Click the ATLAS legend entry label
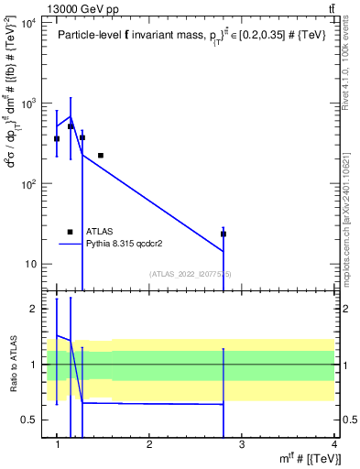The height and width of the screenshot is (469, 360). point(100,233)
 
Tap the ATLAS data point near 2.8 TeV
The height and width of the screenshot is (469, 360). point(224,234)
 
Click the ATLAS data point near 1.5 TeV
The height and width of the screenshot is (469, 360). point(101,156)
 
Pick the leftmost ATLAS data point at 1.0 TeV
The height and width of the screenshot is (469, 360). point(57,138)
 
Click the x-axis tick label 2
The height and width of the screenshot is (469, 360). point(149,445)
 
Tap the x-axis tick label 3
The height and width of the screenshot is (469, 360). point(242,445)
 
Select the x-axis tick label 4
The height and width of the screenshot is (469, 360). point(333,445)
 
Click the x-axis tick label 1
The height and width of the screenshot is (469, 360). point(57,445)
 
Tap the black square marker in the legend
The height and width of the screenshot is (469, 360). point(70,233)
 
